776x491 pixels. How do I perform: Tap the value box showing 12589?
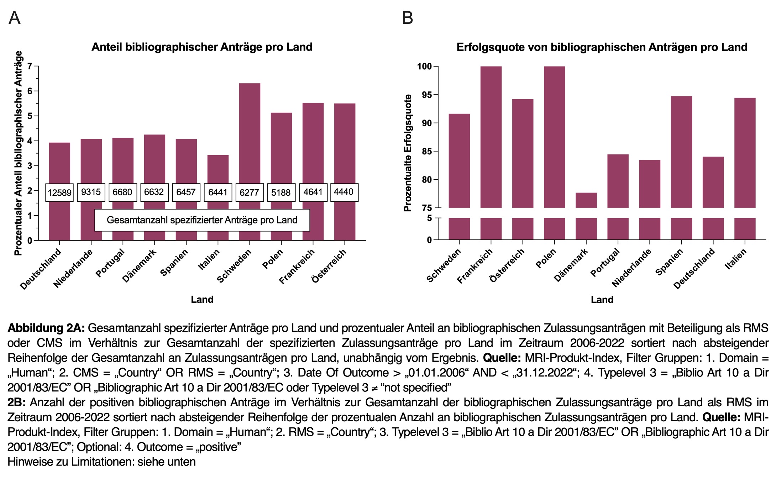tap(59, 192)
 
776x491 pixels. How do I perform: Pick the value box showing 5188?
tap(281, 192)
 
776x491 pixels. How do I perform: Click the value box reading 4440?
tap(344, 192)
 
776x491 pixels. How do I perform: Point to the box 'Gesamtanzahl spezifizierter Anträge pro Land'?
tap(202, 220)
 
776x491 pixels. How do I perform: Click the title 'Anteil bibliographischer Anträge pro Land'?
tap(202, 47)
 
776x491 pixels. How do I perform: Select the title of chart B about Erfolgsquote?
tap(602, 47)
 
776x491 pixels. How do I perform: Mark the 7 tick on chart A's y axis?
tap(30, 66)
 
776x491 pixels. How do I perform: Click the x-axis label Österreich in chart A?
tap(329, 265)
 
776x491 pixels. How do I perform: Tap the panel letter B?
tap(407, 18)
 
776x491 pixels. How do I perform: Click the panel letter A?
tap(14, 18)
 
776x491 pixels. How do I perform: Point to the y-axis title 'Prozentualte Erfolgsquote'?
tap(408, 153)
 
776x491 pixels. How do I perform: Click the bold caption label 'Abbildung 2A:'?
tap(46, 328)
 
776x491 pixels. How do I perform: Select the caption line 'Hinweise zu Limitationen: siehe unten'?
tap(101, 462)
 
